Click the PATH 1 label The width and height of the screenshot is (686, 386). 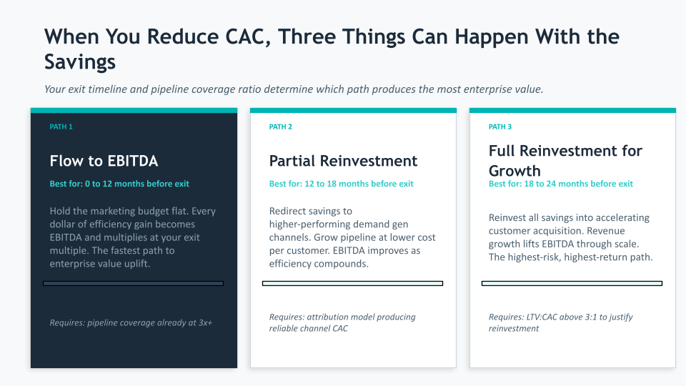61,127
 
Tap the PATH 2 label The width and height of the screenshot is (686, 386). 280,127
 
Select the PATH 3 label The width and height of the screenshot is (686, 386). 500,127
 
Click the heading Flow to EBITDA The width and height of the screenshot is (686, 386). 104,161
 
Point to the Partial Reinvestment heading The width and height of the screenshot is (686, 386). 344,161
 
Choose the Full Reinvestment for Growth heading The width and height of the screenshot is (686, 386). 565,161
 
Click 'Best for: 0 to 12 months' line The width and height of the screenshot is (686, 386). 119,184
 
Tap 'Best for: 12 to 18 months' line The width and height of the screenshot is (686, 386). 342,184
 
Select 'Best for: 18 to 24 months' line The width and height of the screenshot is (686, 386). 561,184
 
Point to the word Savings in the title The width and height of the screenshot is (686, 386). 79,61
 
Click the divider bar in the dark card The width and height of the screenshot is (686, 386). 134,284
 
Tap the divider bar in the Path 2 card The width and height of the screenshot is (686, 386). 352,284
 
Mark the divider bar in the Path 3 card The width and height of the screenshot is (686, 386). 572,284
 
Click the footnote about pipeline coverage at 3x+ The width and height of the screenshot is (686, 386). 131,323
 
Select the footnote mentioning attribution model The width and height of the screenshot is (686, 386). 342,322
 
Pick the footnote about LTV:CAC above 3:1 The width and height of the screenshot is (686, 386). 561,322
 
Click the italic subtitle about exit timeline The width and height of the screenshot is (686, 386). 294,89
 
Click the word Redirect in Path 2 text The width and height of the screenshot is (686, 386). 287,211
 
